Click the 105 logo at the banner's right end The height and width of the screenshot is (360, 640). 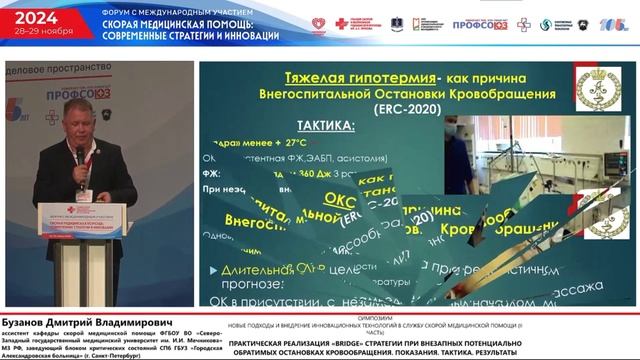tap(614, 24)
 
